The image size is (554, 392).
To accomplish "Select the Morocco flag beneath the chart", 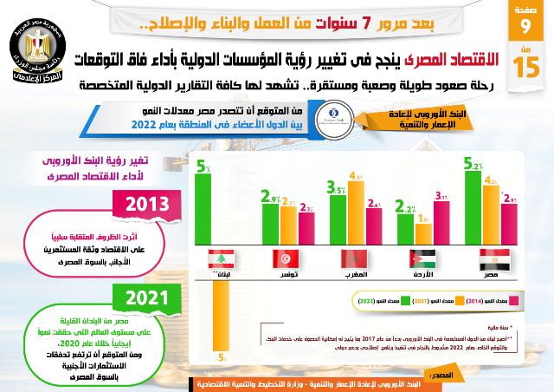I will [x=354, y=258].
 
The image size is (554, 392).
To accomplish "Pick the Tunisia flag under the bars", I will [x=285, y=258].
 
